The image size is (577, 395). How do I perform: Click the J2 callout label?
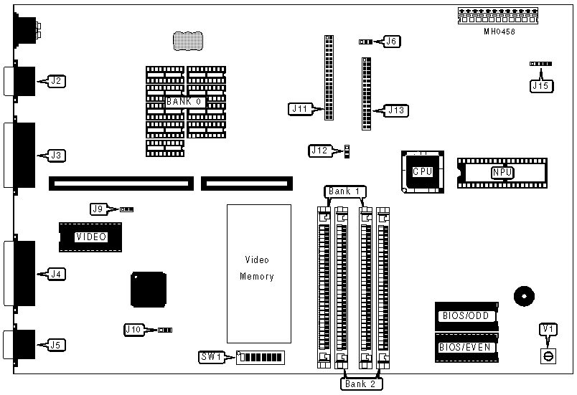coord(56,81)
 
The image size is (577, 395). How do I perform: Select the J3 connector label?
coord(56,155)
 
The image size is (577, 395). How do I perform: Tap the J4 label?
coord(56,274)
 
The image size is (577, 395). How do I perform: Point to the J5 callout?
coord(56,345)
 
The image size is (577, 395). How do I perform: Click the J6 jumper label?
coord(392,42)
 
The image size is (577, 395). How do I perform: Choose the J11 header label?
coord(300,109)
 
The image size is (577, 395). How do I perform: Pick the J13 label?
coord(396,110)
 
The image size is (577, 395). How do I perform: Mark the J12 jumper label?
coord(320,151)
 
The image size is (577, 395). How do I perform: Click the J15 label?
coord(540,86)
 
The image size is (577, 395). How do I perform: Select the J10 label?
coord(133,330)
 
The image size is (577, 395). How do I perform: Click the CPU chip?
coord(422,171)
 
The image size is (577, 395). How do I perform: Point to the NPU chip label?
coord(502,172)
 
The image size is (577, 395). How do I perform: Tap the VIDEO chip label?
coord(91,237)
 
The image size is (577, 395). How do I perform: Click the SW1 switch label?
coord(212,356)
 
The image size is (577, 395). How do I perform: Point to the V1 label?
coord(548,329)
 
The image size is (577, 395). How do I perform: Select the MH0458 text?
coord(499,32)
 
